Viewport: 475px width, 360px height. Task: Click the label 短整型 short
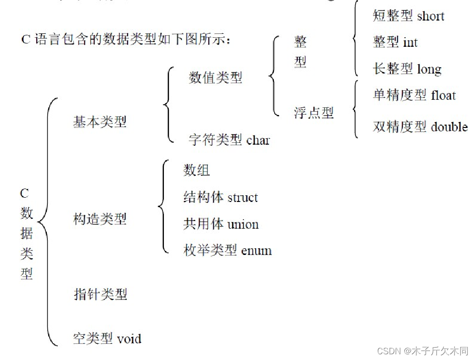[x=408, y=16]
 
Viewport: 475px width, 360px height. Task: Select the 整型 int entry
[x=395, y=42]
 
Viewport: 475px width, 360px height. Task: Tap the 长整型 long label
[x=407, y=69]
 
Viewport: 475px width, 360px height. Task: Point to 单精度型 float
[x=414, y=95]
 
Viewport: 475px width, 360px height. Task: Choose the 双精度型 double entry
[x=420, y=127]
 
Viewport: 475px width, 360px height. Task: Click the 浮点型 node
[x=313, y=113]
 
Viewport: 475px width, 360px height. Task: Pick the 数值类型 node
[x=216, y=77]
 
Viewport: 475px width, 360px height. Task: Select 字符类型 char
[x=229, y=140]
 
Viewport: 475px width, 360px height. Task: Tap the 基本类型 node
[x=100, y=122]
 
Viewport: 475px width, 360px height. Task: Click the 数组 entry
[x=196, y=170]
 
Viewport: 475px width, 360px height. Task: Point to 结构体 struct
[x=220, y=197]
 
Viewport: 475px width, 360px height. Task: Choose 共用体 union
[x=221, y=224]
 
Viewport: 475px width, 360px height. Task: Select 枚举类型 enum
[x=227, y=250]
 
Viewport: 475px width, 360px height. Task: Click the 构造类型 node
[x=100, y=219]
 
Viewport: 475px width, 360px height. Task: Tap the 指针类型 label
[x=100, y=294]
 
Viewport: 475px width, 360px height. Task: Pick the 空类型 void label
[x=108, y=339]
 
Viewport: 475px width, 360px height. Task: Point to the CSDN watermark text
[x=422, y=351]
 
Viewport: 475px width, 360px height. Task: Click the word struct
[x=242, y=198]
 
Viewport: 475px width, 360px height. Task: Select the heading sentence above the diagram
[x=127, y=39]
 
